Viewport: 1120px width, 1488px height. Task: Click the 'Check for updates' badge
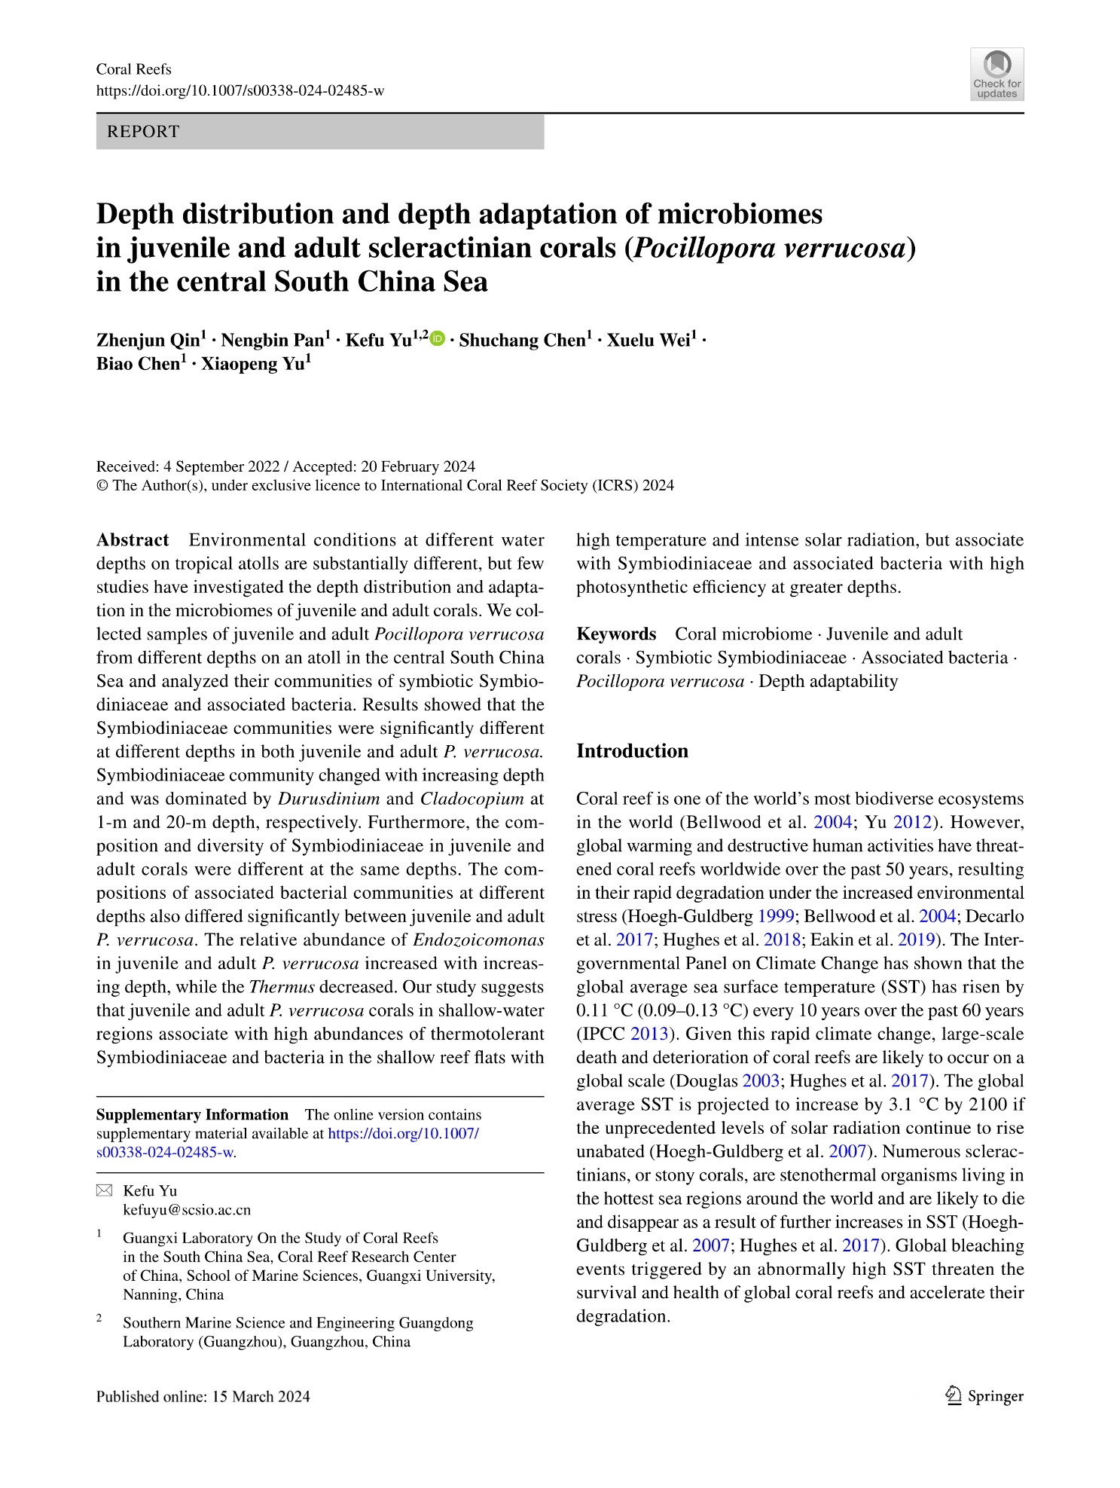[996, 74]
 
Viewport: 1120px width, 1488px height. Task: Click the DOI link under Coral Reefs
[240, 91]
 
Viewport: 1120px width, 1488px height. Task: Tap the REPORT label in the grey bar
[144, 132]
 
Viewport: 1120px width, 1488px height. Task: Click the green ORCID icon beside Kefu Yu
[437, 339]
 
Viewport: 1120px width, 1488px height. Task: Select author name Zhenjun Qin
[148, 341]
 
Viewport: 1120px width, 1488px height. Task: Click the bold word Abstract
[133, 540]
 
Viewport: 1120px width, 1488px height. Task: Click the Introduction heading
[632, 751]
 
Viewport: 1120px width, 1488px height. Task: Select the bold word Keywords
[616, 634]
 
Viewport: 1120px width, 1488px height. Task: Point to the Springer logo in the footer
[983, 1396]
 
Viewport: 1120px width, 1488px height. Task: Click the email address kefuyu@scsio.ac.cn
[187, 1210]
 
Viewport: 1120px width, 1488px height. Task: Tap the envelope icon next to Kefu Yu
[104, 1191]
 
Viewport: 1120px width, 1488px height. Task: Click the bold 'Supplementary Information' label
[192, 1115]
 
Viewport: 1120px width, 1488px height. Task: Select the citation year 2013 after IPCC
[646, 1034]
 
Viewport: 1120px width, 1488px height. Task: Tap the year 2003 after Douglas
[761, 1081]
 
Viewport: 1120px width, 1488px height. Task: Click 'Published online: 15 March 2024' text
[203, 1396]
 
